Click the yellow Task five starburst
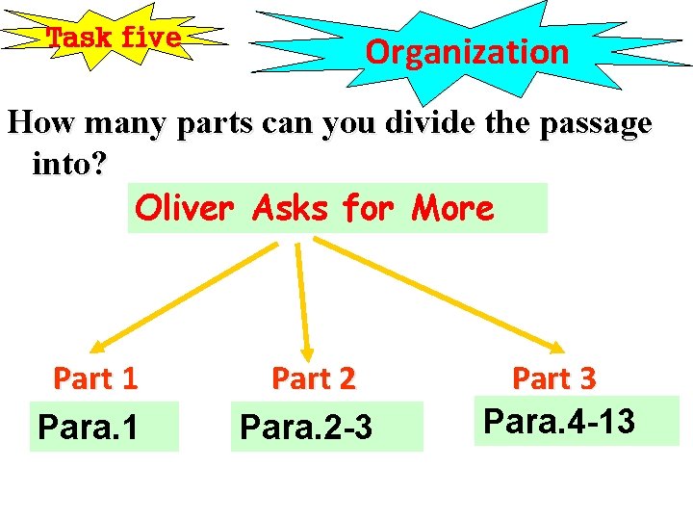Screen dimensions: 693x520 (x=114, y=39)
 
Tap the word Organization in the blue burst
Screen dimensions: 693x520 (x=467, y=51)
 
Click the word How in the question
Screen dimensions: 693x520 (x=40, y=123)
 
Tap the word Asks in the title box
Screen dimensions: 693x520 (x=291, y=207)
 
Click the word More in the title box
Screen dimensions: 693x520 (x=451, y=207)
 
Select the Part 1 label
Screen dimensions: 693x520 (x=95, y=378)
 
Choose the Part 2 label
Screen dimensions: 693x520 (x=314, y=378)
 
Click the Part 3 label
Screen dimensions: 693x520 (x=553, y=378)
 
